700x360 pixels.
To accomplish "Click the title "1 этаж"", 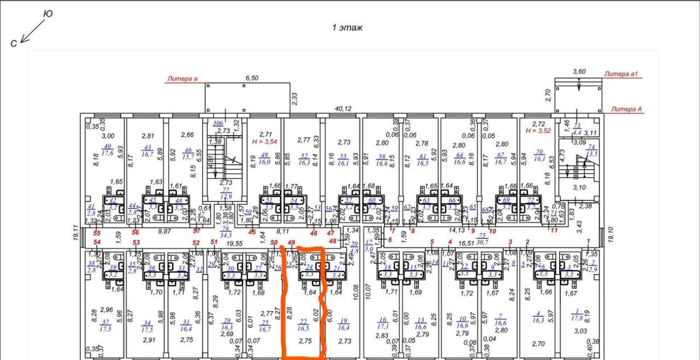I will point(347,28).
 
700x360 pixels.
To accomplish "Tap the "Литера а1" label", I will point(622,74).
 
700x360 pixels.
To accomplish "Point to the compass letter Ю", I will point(48,14).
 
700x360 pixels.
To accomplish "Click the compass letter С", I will point(14,44).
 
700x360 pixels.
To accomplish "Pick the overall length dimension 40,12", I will point(343,108).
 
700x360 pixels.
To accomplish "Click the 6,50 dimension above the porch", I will point(252,78).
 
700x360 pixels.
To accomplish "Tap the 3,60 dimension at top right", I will point(579,71).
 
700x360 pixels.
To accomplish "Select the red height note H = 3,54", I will point(266,141).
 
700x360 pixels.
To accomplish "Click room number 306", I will point(218,124).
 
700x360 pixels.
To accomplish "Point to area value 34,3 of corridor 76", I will point(225,235).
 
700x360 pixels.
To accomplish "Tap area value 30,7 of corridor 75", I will point(482,242).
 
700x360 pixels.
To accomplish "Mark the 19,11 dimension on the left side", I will point(75,232).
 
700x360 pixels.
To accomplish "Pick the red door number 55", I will point(97,233).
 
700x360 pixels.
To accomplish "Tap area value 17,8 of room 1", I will point(576,318).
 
